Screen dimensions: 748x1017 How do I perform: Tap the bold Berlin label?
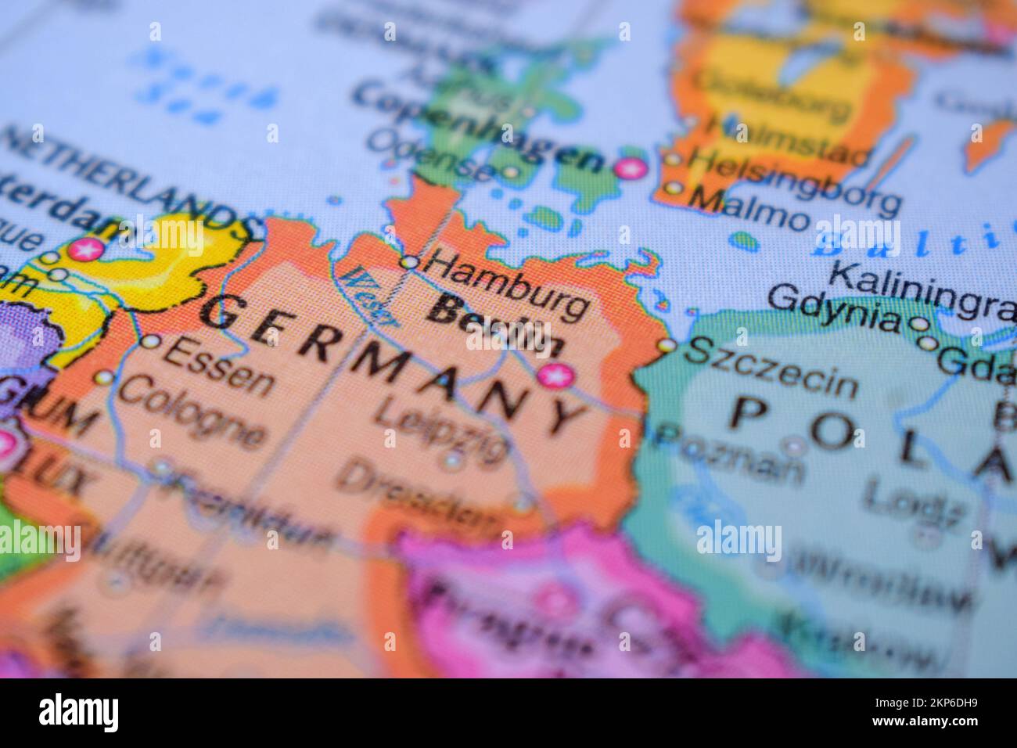[x=498, y=328]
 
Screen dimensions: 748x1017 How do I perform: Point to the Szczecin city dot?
[x=667, y=345]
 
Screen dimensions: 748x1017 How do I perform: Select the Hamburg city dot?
[x=408, y=262]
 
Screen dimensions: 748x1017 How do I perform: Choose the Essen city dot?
[x=150, y=342]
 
